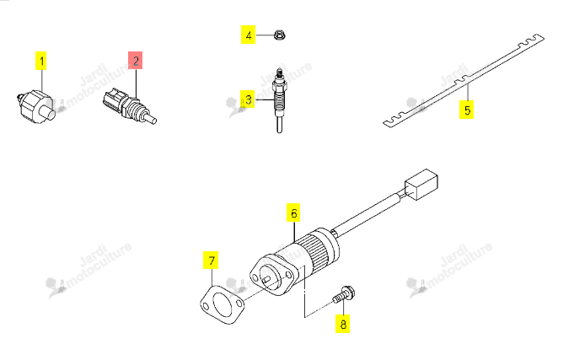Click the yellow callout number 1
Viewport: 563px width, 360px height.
pyautogui.click(x=41, y=61)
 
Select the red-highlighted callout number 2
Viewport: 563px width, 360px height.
pyautogui.click(x=136, y=60)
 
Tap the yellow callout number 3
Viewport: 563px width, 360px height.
pyautogui.click(x=248, y=99)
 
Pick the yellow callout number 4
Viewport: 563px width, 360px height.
pyautogui.click(x=248, y=35)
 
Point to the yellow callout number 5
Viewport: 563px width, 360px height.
pyautogui.click(x=466, y=110)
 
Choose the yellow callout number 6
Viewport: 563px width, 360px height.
pyautogui.click(x=293, y=212)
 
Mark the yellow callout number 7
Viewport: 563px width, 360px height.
pyautogui.click(x=211, y=261)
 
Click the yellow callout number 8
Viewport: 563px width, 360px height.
pyautogui.click(x=343, y=324)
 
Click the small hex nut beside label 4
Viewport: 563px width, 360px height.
pyautogui.click(x=279, y=35)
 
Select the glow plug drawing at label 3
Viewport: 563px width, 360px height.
pyautogui.click(x=279, y=100)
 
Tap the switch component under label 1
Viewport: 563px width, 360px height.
pyautogui.click(x=36, y=106)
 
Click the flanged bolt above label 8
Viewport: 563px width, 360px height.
pyautogui.click(x=344, y=294)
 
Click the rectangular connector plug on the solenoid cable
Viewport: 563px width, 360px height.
pyautogui.click(x=421, y=185)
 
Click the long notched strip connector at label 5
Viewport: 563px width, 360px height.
pyautogui.click(x=464, y=81)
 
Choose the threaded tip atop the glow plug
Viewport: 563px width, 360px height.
pyautogui.click(x=279, y=73)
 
